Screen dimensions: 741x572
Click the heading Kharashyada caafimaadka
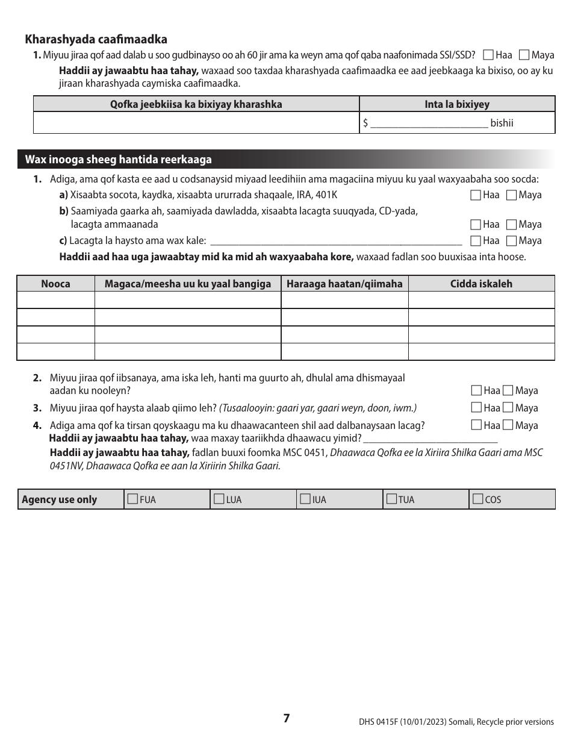coord(96,39)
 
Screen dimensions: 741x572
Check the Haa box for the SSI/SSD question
coord(488,55)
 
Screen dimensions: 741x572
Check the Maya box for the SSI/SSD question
coord(524,55)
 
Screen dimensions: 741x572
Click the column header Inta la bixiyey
coord(457,104)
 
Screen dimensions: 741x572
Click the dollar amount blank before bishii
coord(429,123)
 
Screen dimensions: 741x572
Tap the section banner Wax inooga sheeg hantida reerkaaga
coord(118,160)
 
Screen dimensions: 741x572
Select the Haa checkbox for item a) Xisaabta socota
coord(476,195)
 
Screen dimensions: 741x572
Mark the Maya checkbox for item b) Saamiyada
coord(511,225)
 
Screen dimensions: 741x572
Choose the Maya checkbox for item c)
coord(511,241)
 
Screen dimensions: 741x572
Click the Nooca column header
coord(55,284)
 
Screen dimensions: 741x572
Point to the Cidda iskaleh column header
coord(481,284)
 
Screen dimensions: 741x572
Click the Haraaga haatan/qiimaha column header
coord(344,284)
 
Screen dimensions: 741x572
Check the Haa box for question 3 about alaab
coord(476,408)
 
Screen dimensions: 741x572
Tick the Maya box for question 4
coord(508,425)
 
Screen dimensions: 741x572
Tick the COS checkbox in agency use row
coord(477,499)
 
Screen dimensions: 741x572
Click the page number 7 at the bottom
coord(287,718)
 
